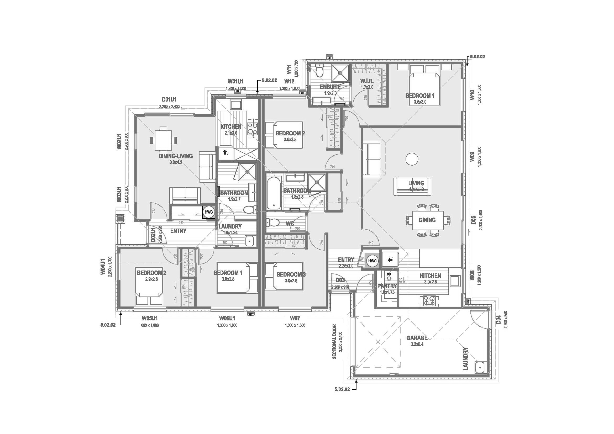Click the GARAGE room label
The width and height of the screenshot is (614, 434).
417,338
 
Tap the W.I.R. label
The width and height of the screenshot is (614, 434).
367,81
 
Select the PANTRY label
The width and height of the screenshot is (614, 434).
387,286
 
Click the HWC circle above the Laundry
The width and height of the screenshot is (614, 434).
209,212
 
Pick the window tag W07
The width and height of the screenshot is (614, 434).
295,318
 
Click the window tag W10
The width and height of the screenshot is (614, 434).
472,95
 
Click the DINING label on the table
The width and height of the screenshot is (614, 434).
427,220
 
